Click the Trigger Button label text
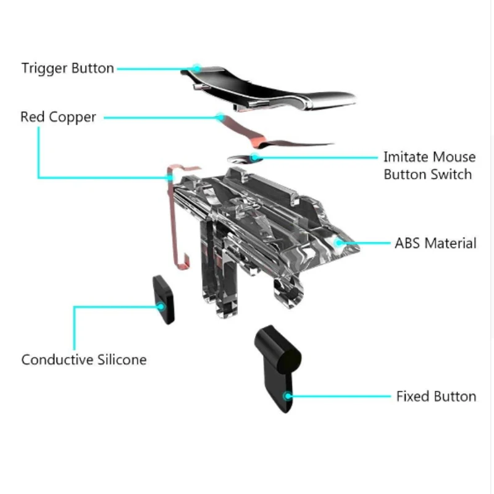coord(68,69)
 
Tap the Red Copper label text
coord(58,117)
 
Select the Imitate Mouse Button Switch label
coord(429,165)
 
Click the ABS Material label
coord(435,243)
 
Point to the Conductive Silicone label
coord(84,359)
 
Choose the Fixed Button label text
coord(436,396)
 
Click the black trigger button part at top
coord(268,90)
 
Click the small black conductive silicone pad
coord(164,299)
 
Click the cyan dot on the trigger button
coord(196,68)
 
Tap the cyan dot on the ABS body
coord(338,243)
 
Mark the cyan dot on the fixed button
coord(287,396)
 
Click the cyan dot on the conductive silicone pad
coord(161,306)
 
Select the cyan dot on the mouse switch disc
coord(254,157)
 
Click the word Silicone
coord(122,359)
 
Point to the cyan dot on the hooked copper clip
coord(170,178)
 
